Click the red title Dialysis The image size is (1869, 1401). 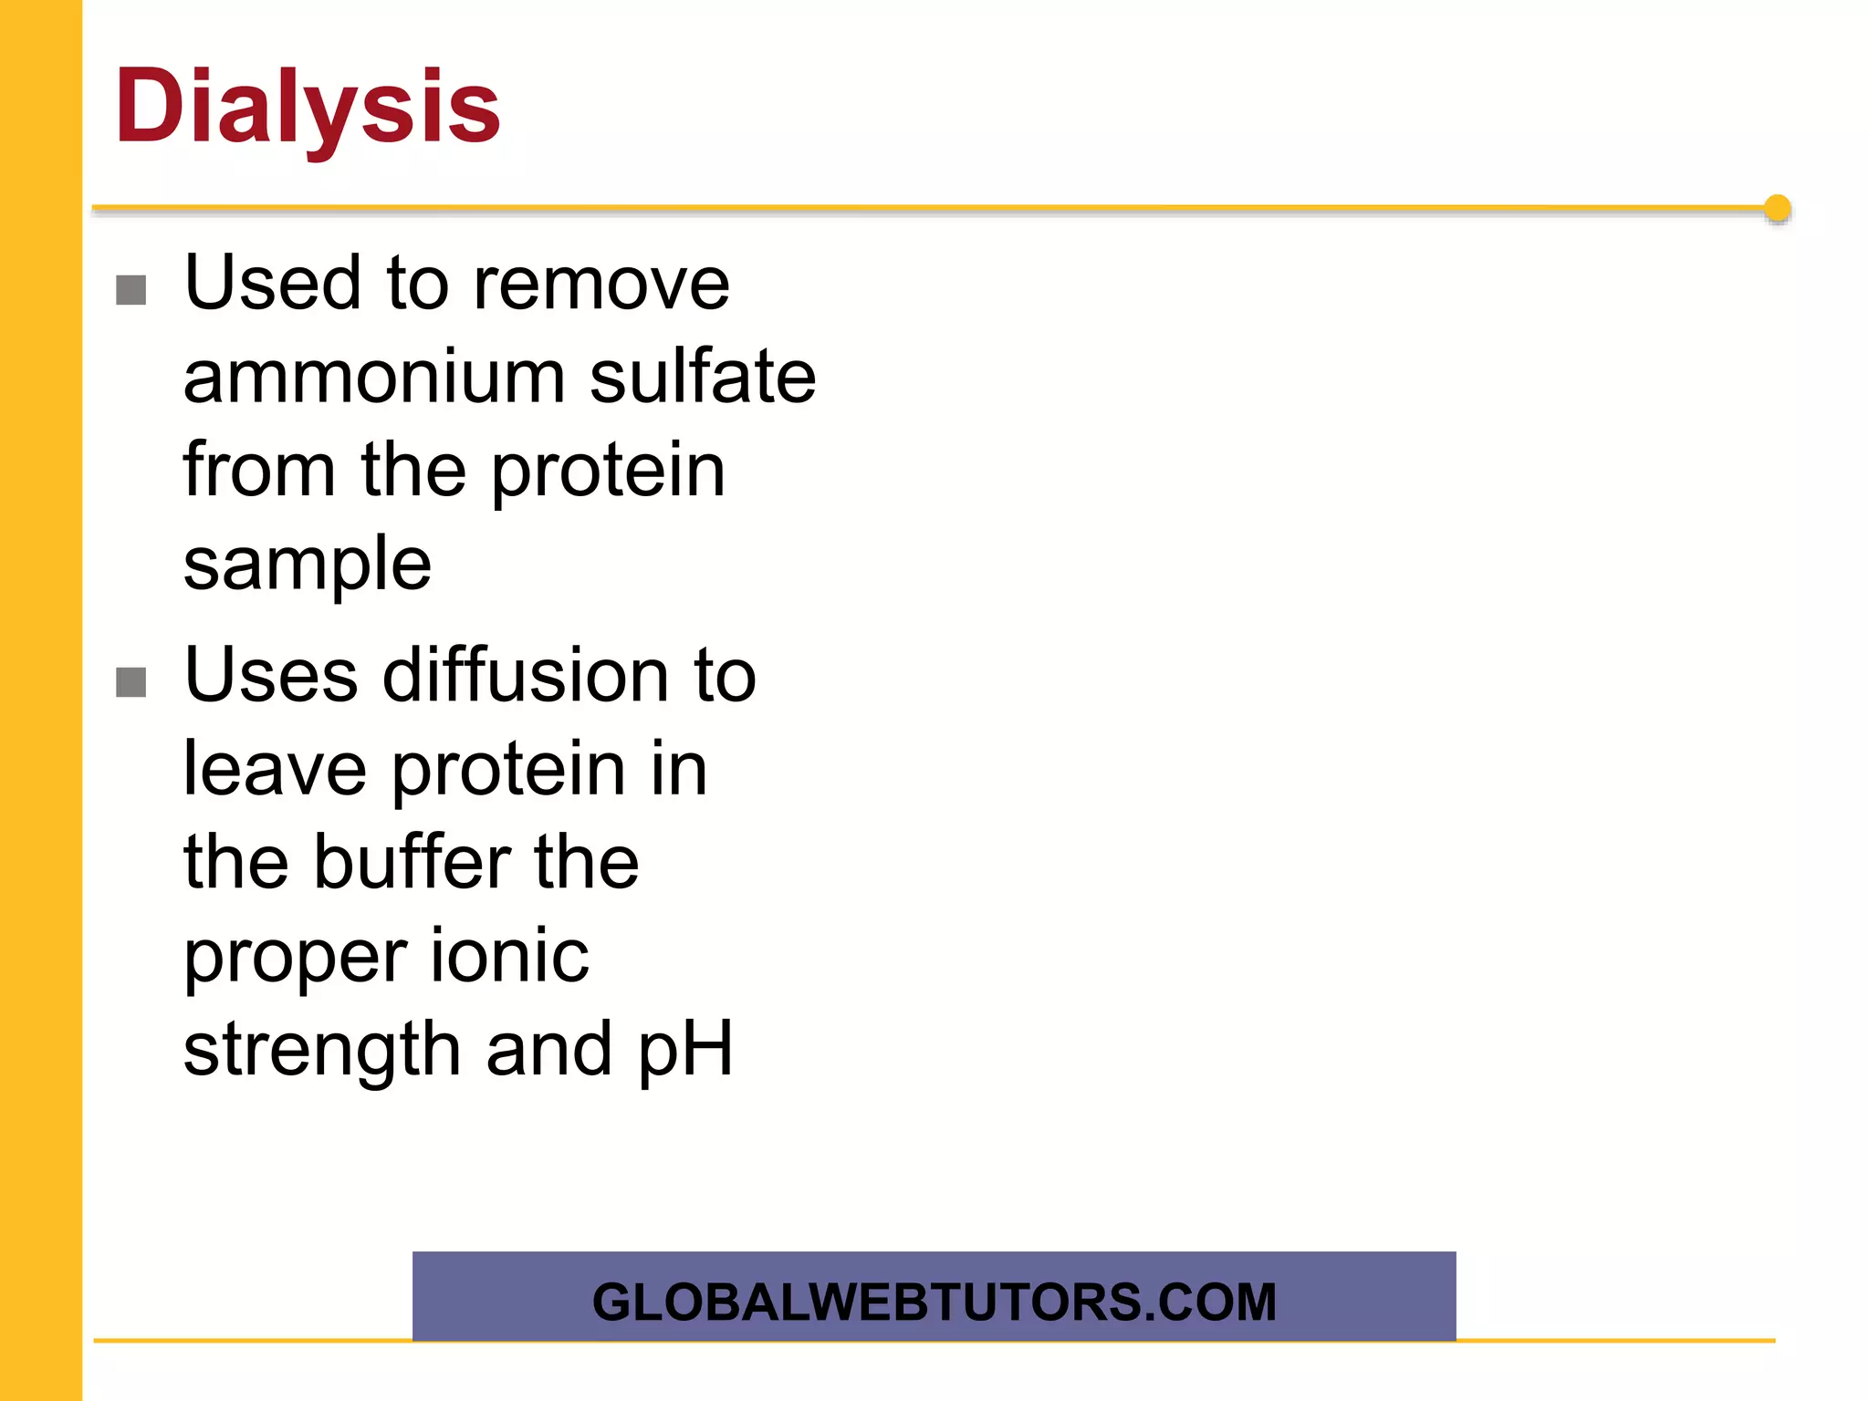coord(308,108)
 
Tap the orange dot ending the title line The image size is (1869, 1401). coord(1777,209)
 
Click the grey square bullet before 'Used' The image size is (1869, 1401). coord(131,290)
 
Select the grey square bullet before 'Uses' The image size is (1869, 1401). coord(131,681)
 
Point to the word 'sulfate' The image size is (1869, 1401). coord(702,378)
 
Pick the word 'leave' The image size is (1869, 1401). coord(275,770)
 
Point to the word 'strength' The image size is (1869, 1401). coord(321,1052)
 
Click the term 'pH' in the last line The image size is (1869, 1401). coord(684,1052)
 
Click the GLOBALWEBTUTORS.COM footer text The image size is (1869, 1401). coord(934,1302)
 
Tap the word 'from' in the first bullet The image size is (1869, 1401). coord(259,471)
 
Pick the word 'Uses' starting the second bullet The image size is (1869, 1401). coord(271,676)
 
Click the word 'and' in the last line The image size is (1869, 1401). coord(548,1050)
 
